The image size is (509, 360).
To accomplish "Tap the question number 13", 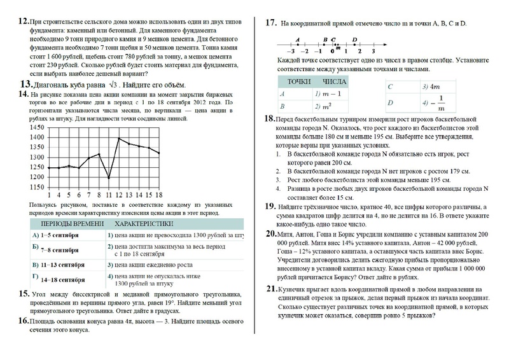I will [27, 84].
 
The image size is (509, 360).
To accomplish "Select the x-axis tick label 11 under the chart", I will [109, 195].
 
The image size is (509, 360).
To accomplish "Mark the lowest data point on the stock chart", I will [109, 178].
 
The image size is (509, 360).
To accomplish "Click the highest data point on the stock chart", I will [119, 137].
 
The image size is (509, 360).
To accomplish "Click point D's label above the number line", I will [354, 39].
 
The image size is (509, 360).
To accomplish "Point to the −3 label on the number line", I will [291, 50].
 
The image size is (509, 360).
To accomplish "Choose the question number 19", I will [270, 206].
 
